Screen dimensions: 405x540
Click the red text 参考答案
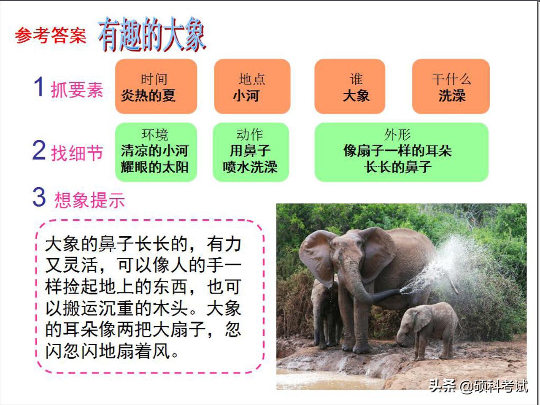(51, 35)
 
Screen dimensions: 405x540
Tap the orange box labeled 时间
(156, 86)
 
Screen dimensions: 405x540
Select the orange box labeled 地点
(252, 86)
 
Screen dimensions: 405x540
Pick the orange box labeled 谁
(350, 86)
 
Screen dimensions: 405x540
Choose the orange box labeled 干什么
(451, 86)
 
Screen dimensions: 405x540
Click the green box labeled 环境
(156, 152)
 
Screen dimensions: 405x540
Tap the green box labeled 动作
(251, 152)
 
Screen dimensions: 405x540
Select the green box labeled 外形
(401, 152)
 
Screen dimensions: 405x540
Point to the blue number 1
(39, 86)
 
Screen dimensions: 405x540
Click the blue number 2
(39, 151)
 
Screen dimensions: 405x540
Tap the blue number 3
(39, 197)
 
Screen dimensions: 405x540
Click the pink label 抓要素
(77, 90)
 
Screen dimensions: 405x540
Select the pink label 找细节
(77, 153)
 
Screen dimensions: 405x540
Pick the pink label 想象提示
(90, 200)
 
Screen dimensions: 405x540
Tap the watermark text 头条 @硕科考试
(478, 386)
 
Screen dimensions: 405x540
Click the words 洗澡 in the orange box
(451, 96)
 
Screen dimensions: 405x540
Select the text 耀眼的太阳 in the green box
(154, 167)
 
